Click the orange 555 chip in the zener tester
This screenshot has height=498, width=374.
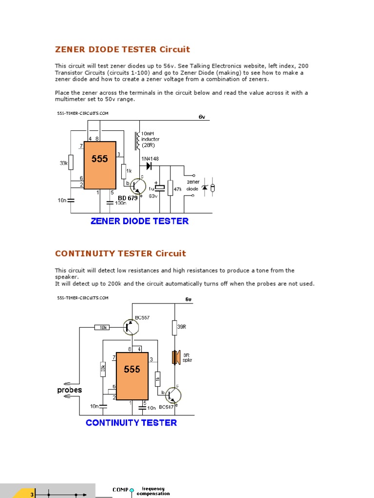[x=100, y=165]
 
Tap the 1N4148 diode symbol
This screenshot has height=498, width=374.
[x=150, y=166]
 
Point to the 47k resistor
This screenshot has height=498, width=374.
[x=170, y=188]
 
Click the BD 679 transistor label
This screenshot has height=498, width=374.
[x=128, y=198]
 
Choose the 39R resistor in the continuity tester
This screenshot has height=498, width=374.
[x=174, y=328]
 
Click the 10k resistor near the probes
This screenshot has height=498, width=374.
[x=103, y=327]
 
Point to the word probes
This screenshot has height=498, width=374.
[x=70, y=390]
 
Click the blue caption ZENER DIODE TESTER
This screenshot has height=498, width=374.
[x=139, y=221]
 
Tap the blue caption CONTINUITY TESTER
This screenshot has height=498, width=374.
[x=131, y=423]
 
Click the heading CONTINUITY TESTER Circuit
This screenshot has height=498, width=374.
[x=120, y=253]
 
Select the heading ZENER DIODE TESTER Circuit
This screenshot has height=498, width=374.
[x=122, y=49]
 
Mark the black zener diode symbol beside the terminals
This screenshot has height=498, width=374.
[x=205, y=187]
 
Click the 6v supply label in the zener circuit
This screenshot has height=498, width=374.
[x=202, y=117]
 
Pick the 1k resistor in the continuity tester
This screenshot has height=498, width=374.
[x=157, y=378]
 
